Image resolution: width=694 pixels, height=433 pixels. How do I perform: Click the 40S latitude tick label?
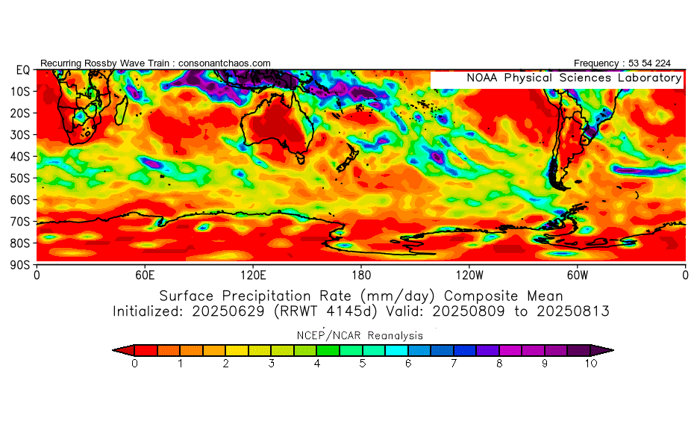tap(20, 157)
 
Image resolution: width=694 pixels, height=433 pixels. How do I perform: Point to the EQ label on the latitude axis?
tap(23, 70)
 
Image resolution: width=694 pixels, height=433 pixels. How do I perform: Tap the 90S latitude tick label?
tap(20, 265)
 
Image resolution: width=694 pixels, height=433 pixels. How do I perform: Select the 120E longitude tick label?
tap(253, 275)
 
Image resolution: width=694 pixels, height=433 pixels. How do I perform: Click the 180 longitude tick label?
tap(361, 275)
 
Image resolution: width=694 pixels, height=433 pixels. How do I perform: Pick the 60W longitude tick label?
tap(578, 275)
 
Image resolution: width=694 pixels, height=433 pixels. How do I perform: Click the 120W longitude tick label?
tap(469, 275)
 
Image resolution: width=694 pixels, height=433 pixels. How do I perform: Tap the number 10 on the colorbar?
tap(591, 364)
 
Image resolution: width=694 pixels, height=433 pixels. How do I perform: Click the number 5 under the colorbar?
tap(363, 364)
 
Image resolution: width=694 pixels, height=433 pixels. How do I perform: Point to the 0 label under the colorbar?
tap(134, 364)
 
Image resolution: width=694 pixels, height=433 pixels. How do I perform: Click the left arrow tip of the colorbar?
tap(113, 350)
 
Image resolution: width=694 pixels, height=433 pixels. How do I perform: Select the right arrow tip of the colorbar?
tap(613, 350)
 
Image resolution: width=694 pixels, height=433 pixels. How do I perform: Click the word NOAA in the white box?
tap(482, 78)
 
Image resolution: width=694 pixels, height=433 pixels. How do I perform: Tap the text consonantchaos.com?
tap(225, 63)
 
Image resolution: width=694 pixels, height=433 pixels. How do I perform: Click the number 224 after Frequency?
tap(663, 63)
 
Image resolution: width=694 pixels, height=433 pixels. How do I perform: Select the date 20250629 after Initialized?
tap(228, 311)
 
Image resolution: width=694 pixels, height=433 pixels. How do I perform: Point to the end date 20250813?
tap(573, 311)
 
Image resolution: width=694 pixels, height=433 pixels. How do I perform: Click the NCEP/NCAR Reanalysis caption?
tap(360, 336)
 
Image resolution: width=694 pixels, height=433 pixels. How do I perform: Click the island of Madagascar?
tap(121, 110)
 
